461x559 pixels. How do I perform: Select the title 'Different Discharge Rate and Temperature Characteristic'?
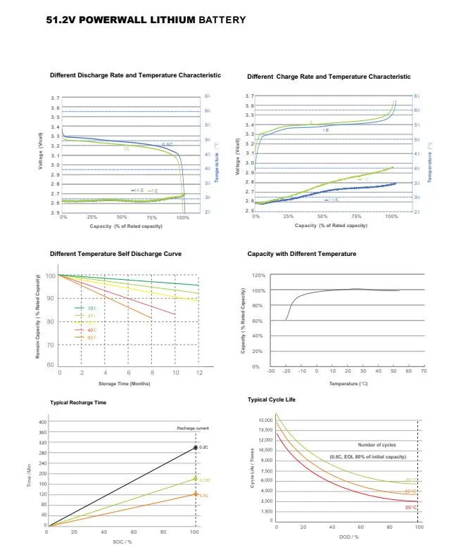(135, 75)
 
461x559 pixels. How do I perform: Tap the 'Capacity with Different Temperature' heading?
(301, 254)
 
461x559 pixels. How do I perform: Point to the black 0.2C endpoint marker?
(195, 447)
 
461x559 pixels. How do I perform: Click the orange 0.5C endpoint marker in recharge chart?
(195, 495)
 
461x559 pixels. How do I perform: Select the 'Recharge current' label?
(192, 428)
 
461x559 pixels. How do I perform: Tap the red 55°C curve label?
(410, 507)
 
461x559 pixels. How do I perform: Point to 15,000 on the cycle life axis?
(265, 420)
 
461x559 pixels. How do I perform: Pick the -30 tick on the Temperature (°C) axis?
(271, 371)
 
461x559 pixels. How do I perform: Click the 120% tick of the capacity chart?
(258, 276)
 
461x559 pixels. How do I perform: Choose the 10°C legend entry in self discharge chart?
(91, 309)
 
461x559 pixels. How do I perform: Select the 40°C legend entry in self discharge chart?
(91, 330)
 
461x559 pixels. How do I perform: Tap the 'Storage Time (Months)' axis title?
(124, 383)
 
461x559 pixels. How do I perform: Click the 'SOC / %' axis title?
(122, 541)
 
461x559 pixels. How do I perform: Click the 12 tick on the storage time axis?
(199, 371)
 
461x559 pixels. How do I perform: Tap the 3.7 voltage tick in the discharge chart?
(55, 98)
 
